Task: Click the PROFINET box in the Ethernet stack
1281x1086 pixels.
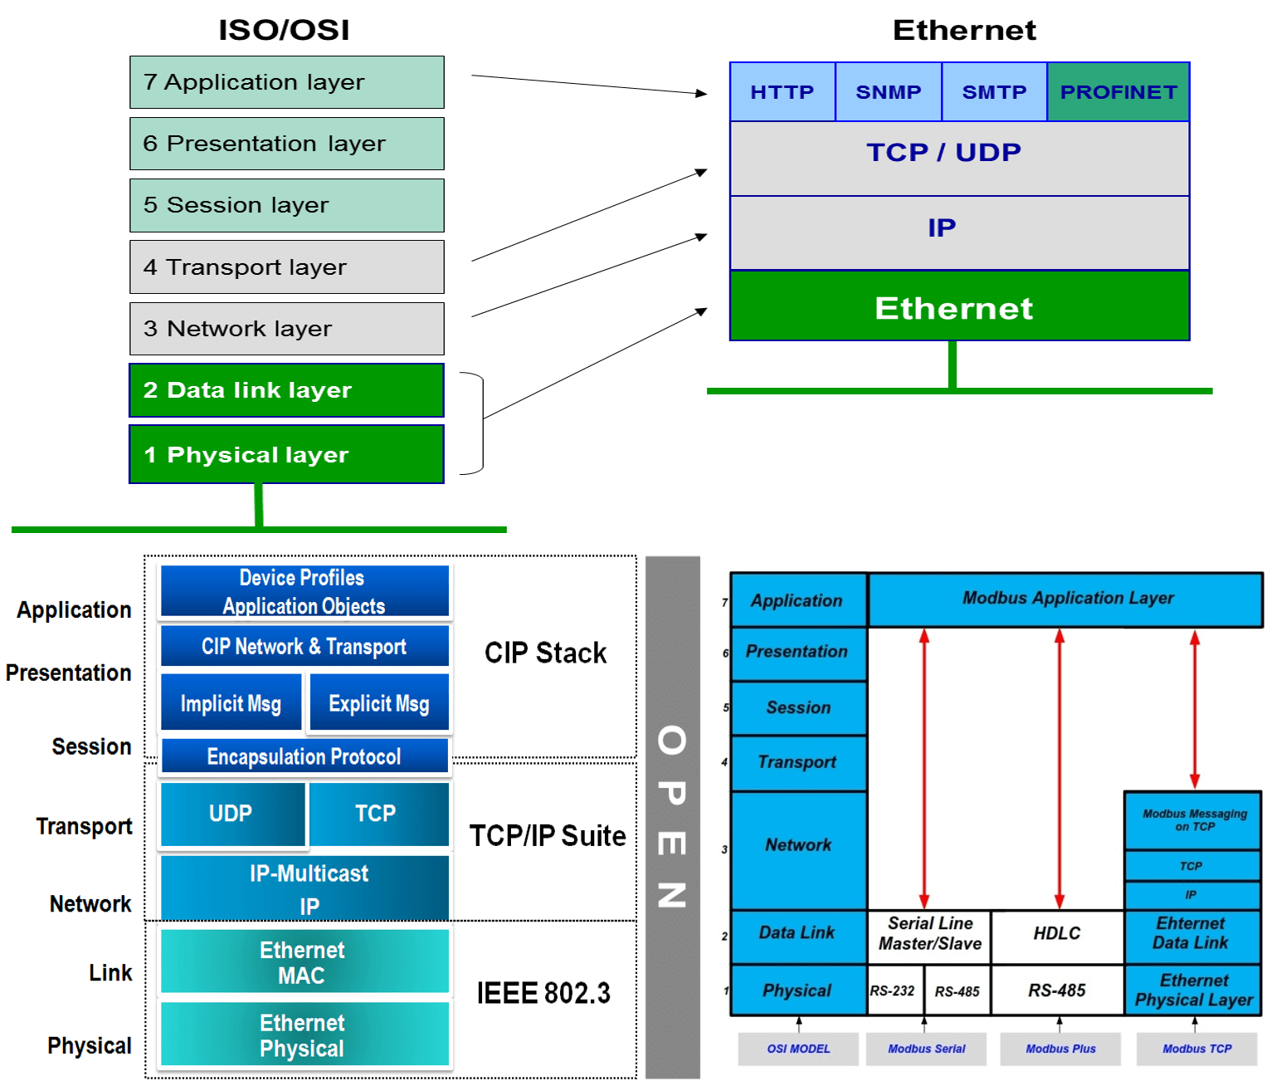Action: click(1118, 92)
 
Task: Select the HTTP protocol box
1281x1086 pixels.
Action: click(782, 92)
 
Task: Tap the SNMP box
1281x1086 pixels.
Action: click(888, 92)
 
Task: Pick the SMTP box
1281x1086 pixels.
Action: click(994, 92)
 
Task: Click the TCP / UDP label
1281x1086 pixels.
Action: click(943, 153)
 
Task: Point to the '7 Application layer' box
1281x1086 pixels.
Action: click(286, 82)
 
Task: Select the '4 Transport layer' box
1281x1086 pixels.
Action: click(286, 267)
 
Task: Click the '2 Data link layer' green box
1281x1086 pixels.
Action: click(286, 390)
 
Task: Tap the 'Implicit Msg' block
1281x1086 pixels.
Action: click(231, 703)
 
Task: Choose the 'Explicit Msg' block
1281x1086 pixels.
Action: click(378, 703)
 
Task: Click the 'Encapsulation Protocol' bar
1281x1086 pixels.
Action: click(304, 756)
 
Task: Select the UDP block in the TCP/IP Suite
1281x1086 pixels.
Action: click(231, 814)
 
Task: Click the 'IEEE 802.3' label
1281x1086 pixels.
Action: click(543, 993)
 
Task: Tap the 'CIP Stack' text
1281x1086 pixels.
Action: click(545, 653)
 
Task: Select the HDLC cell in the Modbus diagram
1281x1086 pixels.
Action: click(1057, 934)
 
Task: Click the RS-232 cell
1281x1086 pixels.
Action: click(893, 991)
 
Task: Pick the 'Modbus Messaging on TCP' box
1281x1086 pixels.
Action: click(1193, 820)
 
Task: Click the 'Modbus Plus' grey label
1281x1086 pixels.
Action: click(1060, 1049)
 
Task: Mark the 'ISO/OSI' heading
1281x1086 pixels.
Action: click(284, 31)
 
